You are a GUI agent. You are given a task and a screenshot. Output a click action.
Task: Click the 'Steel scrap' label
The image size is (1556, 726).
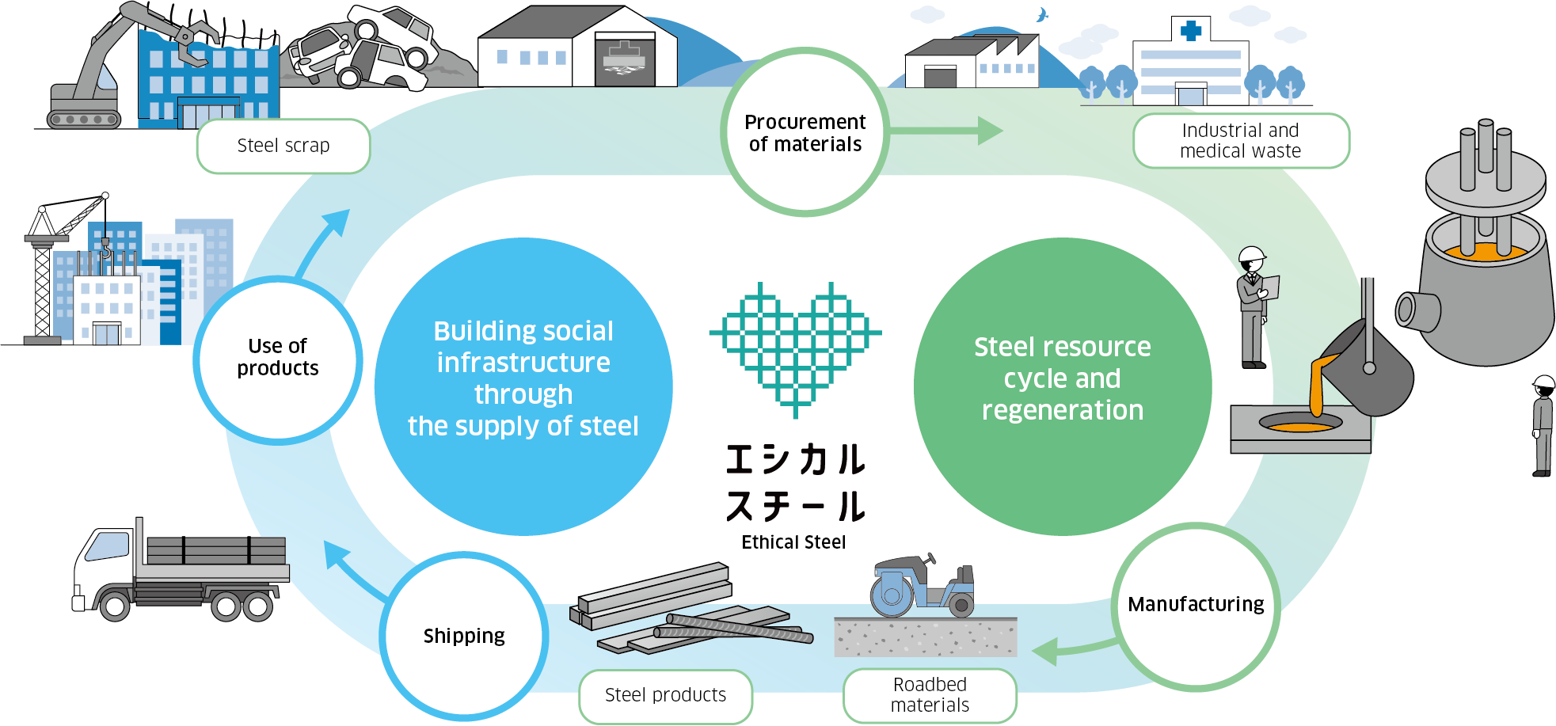click(283, 146)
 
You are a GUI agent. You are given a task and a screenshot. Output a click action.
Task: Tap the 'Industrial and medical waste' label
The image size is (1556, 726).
click(1240, 141)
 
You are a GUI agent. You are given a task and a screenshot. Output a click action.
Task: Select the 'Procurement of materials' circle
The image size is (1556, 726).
click(805, 132)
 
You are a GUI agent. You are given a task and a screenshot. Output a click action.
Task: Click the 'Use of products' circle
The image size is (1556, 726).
click(277, 358)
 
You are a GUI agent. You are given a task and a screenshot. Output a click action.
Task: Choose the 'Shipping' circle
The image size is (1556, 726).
click(464, 636)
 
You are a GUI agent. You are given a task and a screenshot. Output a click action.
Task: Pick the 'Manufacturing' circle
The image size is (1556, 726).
click(1196, 605)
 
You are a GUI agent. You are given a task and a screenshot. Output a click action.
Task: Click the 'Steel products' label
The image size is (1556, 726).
click(665, 695)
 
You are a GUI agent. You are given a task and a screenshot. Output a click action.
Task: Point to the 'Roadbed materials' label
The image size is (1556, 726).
click(930, 695)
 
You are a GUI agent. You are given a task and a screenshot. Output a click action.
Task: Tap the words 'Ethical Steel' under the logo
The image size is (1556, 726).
click(793, 542)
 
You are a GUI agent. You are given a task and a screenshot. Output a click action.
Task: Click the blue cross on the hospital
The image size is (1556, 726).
click(1190, 31)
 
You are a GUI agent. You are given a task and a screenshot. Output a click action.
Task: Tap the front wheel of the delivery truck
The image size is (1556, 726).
click(115, 607)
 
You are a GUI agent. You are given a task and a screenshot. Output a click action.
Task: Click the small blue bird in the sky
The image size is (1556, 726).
click(1042, 15)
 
